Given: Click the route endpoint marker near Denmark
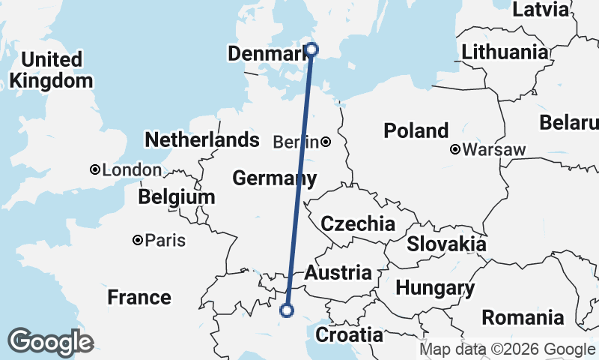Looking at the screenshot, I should (311, 50).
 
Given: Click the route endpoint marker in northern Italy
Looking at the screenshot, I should (286, 310).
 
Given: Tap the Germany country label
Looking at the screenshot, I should (273, 178).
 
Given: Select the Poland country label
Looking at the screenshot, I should (416, 130).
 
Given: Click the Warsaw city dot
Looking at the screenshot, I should (455, 150).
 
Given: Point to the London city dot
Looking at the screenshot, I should (95, 170).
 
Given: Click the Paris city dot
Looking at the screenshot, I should (138, 241).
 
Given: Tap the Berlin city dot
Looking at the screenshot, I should (326, 142).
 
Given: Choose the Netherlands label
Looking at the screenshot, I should (201, 139).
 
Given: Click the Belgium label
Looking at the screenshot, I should (177, 197).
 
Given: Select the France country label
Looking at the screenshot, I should (139, 297).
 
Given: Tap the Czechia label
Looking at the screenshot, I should (357, 223).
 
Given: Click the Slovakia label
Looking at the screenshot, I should (446, 244).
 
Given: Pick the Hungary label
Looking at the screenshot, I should (434, 288).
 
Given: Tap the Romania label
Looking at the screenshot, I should (523, 317).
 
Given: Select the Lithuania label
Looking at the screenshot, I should (505, 52).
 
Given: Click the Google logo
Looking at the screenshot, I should (50, 341).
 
